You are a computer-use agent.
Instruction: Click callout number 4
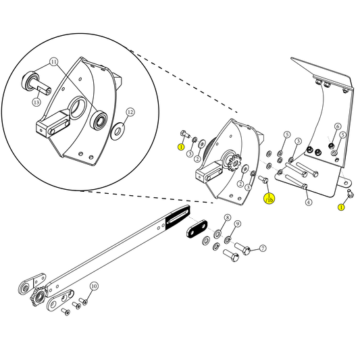pyautogui.click(x=308, y=202)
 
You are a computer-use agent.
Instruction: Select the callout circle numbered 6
pyautogui.click(x=338, y=126)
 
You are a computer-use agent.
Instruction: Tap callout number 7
pyautogui.click(x=263, y=249)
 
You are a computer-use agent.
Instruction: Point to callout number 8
pyautogui.click(x=228, y=217)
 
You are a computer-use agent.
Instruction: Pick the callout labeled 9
pyautogui.click(x=238, y=224)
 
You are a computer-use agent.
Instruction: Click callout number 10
pyautogui.click(x=94, y=286)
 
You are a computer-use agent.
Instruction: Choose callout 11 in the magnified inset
pyautogui.click(x=54, y=62)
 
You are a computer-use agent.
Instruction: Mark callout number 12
pyautogui.click(x=130, y=112)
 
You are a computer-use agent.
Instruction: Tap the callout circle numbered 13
pyautogui.click(x=36, y=102)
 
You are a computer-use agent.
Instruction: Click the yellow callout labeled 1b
pyautogui.click(x=269, y=199)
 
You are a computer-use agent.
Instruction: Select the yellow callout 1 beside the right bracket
pyautogui.click(x=341, y=207)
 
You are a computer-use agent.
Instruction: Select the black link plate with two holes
pyautogui.click(x=197, y=230)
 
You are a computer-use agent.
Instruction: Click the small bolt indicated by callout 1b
pyautogui.click(x=263, y=180)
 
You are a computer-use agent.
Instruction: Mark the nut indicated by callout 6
pyautogui.click(x=331, y=144)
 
